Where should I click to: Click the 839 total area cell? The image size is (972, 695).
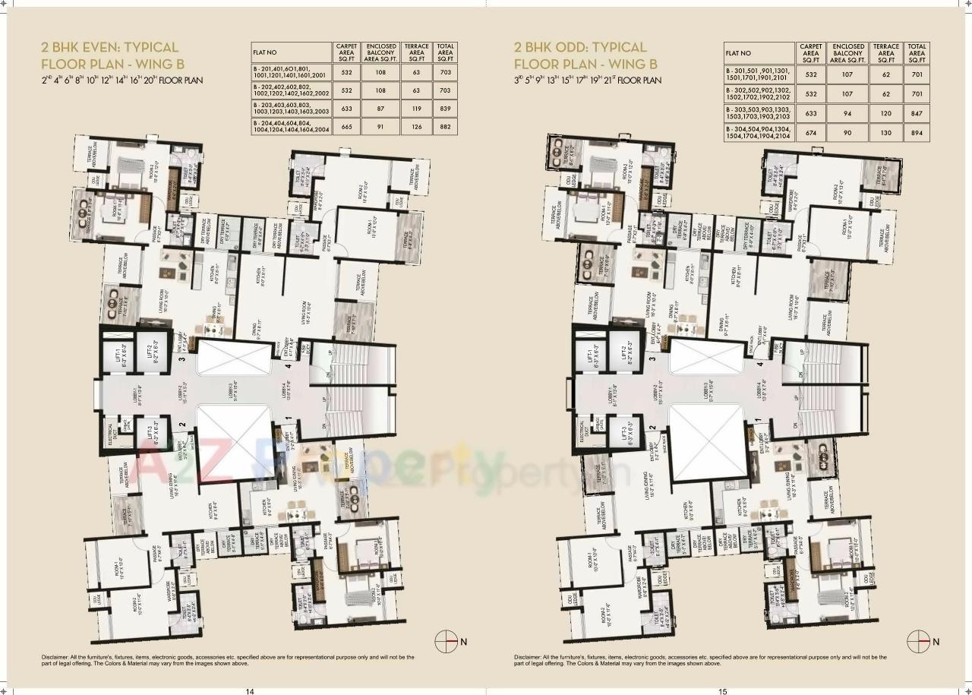click(446, 109)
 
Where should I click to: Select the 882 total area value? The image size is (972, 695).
click(446, 127)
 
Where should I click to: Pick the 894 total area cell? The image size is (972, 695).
click(917, 131)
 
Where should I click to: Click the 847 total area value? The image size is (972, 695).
click(917, 112)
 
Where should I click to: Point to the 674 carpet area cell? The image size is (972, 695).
click(811, 131)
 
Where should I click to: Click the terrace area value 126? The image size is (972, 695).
click(416, 127)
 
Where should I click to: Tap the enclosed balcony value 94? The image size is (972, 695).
click(848, 112)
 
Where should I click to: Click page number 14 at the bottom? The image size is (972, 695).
click(249, 690)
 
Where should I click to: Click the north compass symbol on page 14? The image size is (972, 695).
click(445, 641)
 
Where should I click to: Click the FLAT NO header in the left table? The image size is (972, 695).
click(265, 52)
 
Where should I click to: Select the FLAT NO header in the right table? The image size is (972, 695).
click(738, 53)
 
